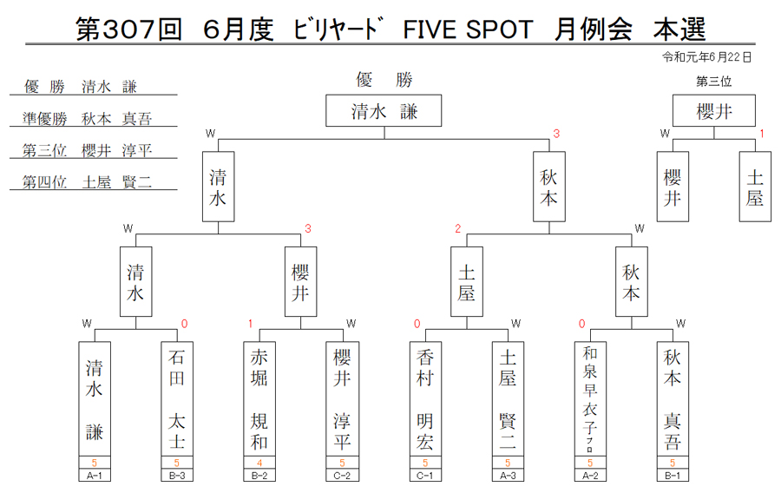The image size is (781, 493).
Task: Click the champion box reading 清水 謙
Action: (384, 110)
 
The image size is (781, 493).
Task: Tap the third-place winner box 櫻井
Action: (714, 110)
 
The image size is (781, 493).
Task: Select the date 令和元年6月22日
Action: (706, 57)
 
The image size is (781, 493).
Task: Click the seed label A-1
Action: (94, 476)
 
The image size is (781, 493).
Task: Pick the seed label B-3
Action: (177, 476)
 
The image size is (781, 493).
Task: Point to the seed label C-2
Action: (342, 476)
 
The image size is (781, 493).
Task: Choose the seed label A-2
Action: (590, 476)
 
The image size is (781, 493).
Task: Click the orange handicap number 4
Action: (259, 463)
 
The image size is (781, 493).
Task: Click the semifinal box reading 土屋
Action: (467, 281)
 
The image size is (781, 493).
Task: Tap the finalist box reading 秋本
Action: (549, 187)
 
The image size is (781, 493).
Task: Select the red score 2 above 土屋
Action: (457, 228)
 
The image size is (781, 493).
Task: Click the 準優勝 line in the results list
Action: (87, 119)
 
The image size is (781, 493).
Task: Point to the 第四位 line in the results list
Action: (87, 181)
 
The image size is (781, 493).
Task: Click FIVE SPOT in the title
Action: (468, 30)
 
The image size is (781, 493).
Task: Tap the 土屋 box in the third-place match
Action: (755, 187)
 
